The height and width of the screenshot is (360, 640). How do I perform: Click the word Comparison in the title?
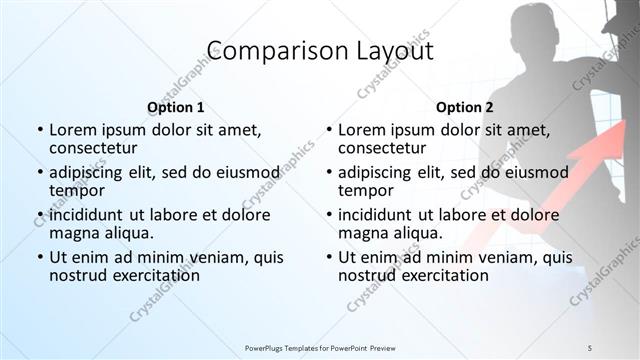(266, 51)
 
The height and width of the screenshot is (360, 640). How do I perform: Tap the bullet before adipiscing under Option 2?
(328, 173)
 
